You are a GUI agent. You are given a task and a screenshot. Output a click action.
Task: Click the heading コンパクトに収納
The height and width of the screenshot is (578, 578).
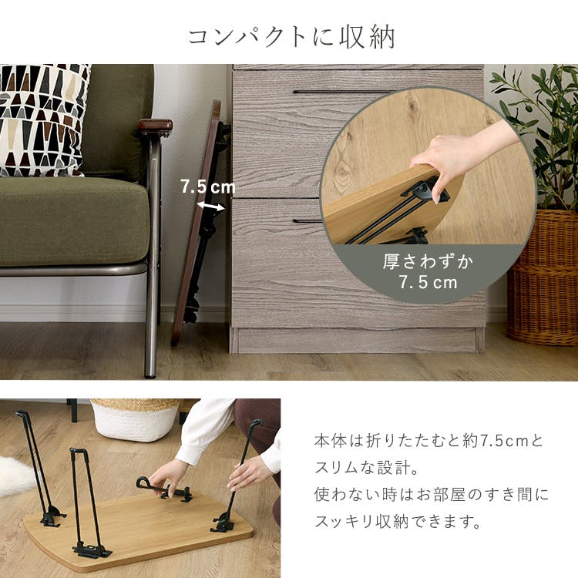click(291, 37)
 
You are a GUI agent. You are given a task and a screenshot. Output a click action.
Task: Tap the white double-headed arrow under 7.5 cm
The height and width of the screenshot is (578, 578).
click(210, 206)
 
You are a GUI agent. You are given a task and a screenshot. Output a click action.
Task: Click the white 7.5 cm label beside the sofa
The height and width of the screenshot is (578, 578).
click(208, 187)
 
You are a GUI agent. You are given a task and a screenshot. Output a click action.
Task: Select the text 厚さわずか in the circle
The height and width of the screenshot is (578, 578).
click(428, 262)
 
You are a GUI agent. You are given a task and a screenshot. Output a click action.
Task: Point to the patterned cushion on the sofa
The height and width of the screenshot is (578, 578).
click(42, 119)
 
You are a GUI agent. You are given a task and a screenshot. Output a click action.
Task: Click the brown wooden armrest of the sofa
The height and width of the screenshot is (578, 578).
click(156, 126)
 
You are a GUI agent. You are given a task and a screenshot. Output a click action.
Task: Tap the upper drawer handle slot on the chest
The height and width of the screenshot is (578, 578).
click(343, 92)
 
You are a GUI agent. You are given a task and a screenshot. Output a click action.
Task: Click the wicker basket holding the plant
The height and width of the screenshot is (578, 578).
click(542, 277)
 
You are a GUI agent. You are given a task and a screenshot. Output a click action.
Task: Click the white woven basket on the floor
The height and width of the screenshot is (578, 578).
click(136, 420)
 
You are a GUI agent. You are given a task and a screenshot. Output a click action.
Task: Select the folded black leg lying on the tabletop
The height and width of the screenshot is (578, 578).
click(165, 489)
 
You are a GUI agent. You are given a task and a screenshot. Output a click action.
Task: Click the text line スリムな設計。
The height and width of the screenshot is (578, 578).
click(367, 468)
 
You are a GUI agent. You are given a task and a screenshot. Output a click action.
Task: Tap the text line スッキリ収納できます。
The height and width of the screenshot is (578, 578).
click(398, 521)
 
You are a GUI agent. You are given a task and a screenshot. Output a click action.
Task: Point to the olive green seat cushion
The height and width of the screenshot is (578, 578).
click(74, 221)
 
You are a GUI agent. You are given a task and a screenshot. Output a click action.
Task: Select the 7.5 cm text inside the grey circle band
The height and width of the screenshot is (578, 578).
click(428, 283)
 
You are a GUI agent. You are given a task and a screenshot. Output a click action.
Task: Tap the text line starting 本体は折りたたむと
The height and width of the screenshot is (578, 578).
click(428, 441)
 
